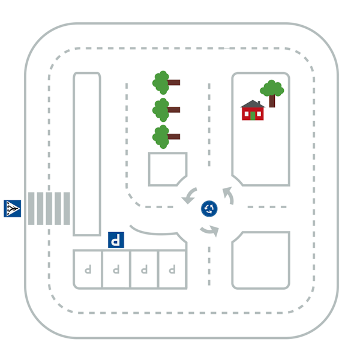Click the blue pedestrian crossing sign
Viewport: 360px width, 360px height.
(x=13, y=208)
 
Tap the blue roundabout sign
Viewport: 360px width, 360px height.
(x=209, y=208)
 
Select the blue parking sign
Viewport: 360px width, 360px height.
(x=116, y=240)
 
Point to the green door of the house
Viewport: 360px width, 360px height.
(x=253, y=116)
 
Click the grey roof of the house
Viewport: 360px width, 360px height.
(x=253, y=104)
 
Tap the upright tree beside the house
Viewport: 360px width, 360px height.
(x=272, y=93)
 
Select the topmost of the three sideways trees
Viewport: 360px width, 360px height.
(x=166, y=83)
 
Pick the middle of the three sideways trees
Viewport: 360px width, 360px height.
(x=166, y=110)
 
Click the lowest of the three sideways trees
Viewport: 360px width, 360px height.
(x=166, y=137)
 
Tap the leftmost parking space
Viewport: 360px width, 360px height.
(x=88, y=269)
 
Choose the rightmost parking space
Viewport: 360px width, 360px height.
(x=172, y=269)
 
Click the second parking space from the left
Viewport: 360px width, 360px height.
(x=116, y=269)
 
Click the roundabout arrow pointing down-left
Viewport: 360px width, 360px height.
(x=190, y=194)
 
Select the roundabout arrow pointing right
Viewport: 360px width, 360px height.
(x=209, y=231)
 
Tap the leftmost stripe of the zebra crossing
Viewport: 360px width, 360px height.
(x=31, y=208)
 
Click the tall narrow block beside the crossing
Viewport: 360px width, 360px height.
(x=87, y=154)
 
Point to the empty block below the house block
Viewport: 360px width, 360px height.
(x=261, y=260)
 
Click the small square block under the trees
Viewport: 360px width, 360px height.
(x=168, y=169)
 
